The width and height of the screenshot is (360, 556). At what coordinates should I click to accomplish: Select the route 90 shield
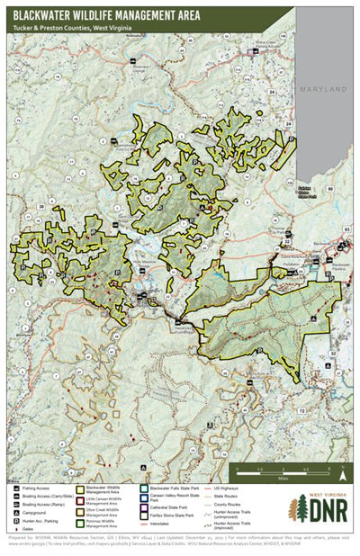tap(330, 187)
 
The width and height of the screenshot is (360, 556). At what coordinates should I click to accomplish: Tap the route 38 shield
tap(41, 208)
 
